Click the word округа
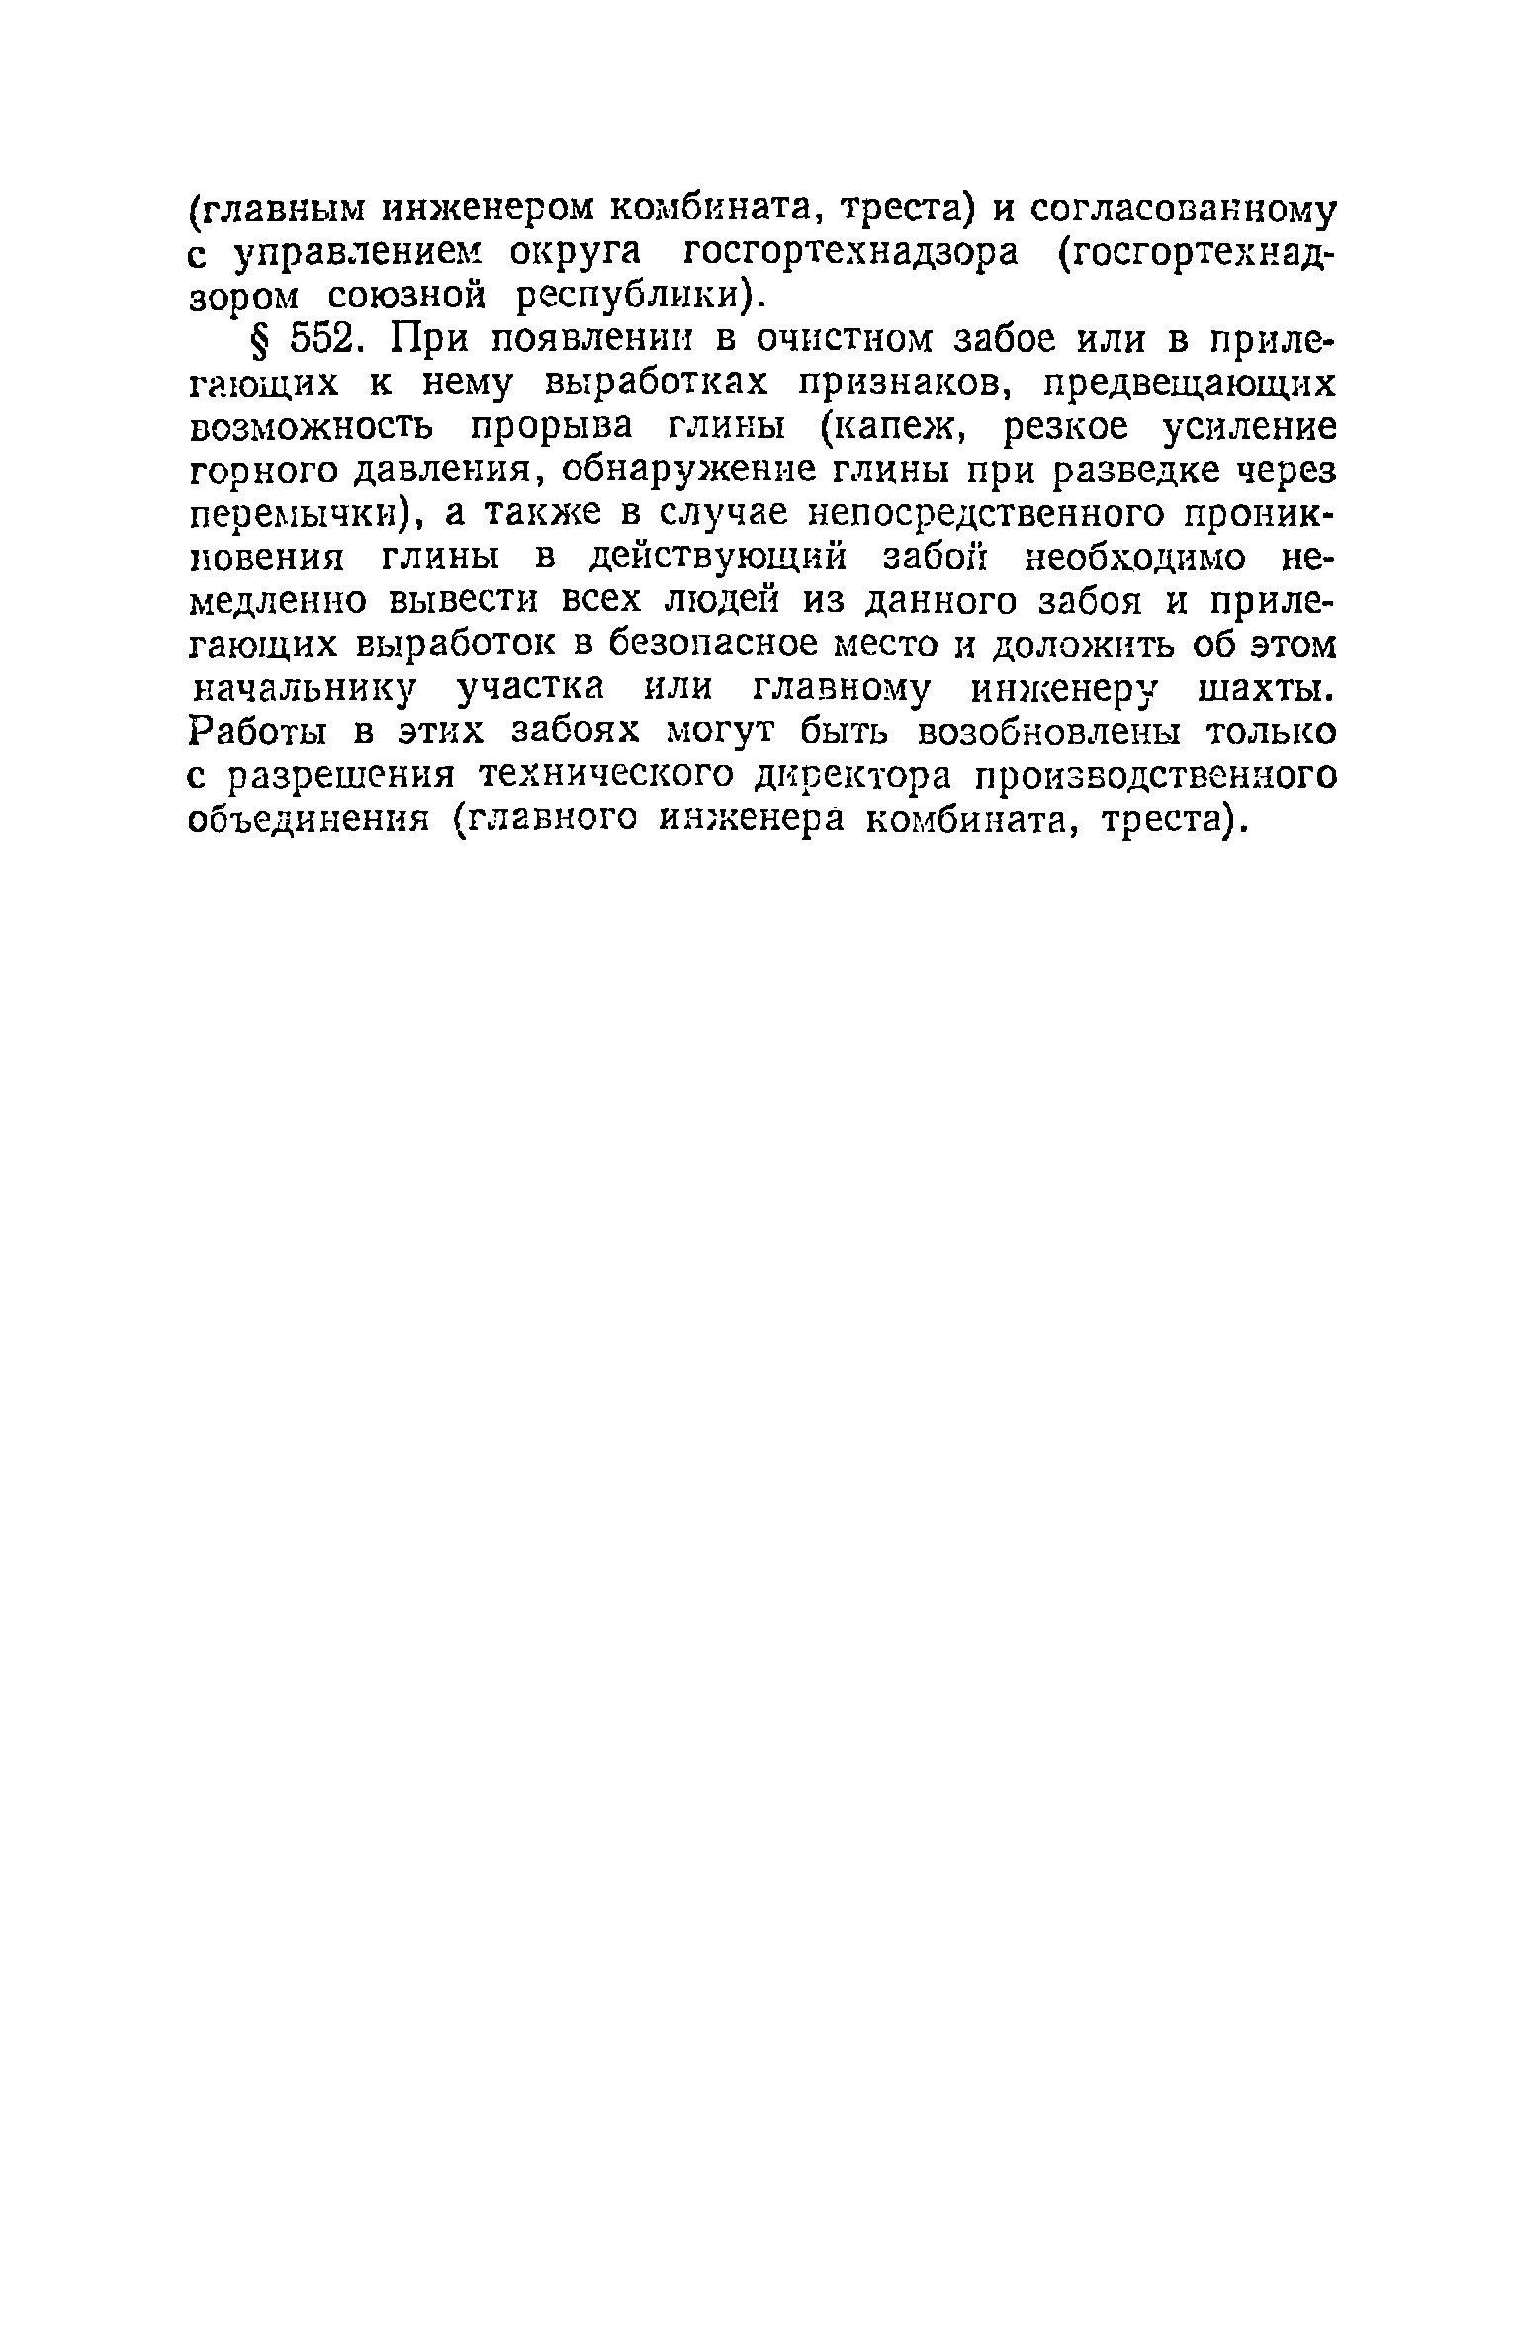[x=575, y=253]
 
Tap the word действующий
[x=716, y=558]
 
